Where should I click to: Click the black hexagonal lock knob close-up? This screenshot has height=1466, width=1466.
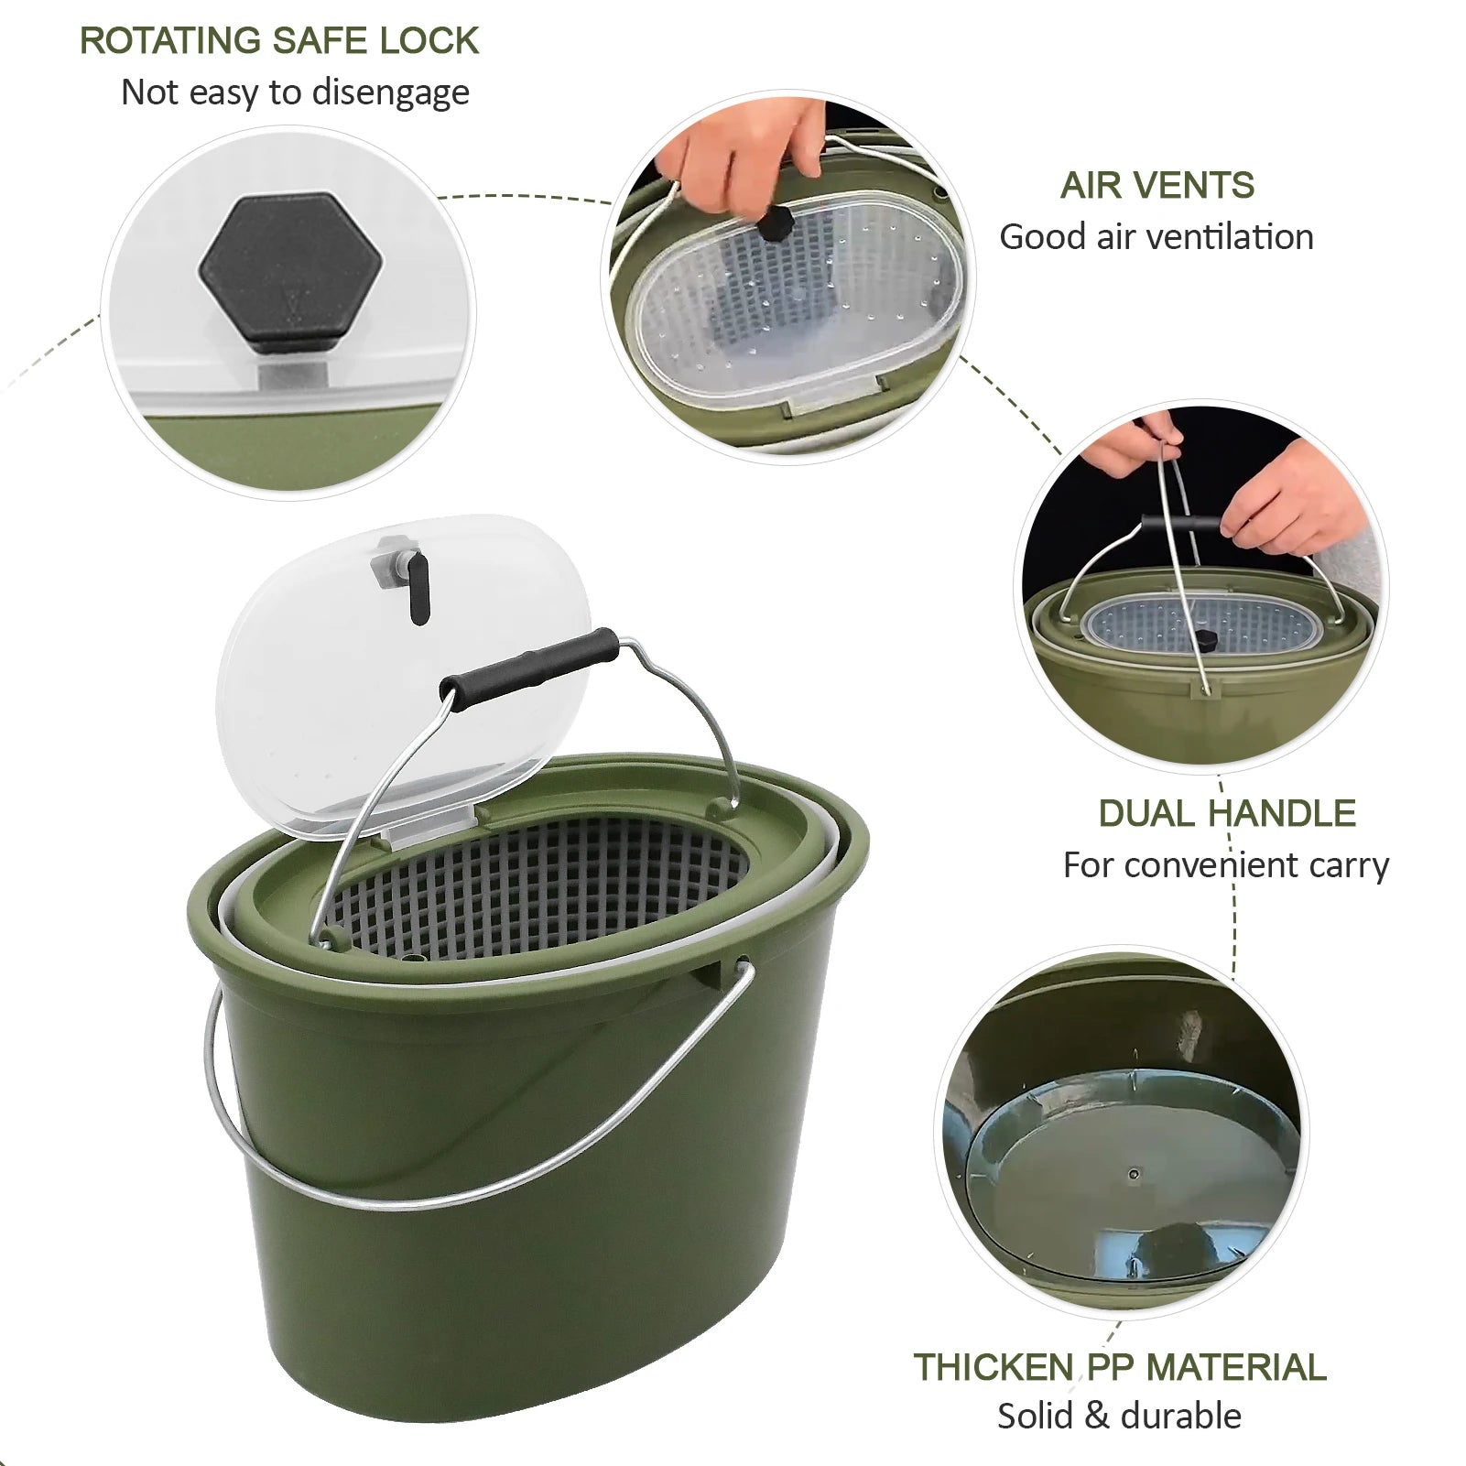click(x=290, y=272)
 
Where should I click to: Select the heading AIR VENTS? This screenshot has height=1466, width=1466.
click(x=1157, y=186)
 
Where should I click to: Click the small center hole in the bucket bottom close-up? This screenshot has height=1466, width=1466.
click(x=1134, y=1174)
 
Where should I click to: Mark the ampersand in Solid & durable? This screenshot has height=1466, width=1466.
click(x=1095, y=1417)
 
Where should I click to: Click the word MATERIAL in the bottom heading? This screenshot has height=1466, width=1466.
click(x=1236, y=1367)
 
